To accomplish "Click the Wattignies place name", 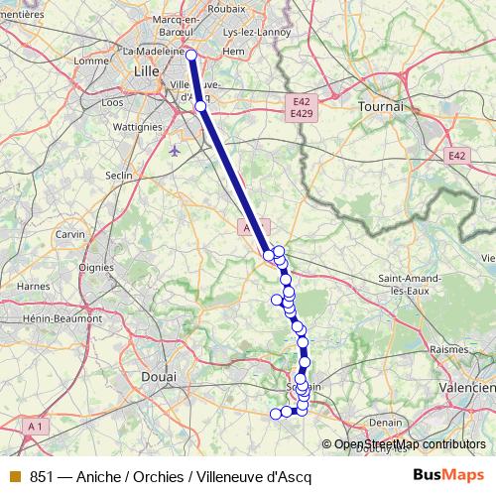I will (x=138, y=127).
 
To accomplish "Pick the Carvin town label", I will (x=70, y=234).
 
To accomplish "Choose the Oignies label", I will (x=96, y=266).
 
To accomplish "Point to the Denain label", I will (x=386, y=421).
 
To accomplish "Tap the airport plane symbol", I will (x=176, y=151).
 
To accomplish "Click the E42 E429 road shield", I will (x=303, y=108).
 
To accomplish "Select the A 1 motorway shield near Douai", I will (x=36, y=426).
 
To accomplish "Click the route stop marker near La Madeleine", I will (x=191, y=56).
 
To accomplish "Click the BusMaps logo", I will (x=442, y=475).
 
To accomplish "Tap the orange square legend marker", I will (x=15, y=476).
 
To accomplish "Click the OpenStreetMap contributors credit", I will (x=409, y=445).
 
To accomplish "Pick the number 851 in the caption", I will (x=41, y=476).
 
